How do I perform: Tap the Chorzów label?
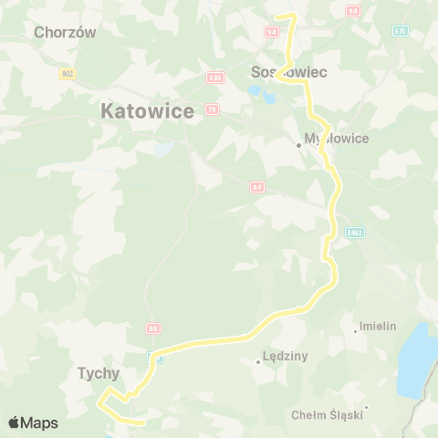point(65,32)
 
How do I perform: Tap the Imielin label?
point(378,326)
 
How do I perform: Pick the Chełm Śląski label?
point(327,415)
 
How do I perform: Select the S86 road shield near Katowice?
point(215,78)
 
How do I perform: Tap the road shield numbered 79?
point(212,110)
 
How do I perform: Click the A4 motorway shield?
point(257,186)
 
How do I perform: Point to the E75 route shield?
point(400,31)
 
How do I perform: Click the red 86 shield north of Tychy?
point(153,328)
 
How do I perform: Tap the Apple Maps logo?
point(33,422)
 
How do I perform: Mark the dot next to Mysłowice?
point(298,144)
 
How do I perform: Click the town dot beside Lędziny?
point(258,362)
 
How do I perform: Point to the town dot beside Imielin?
point(355,330)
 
